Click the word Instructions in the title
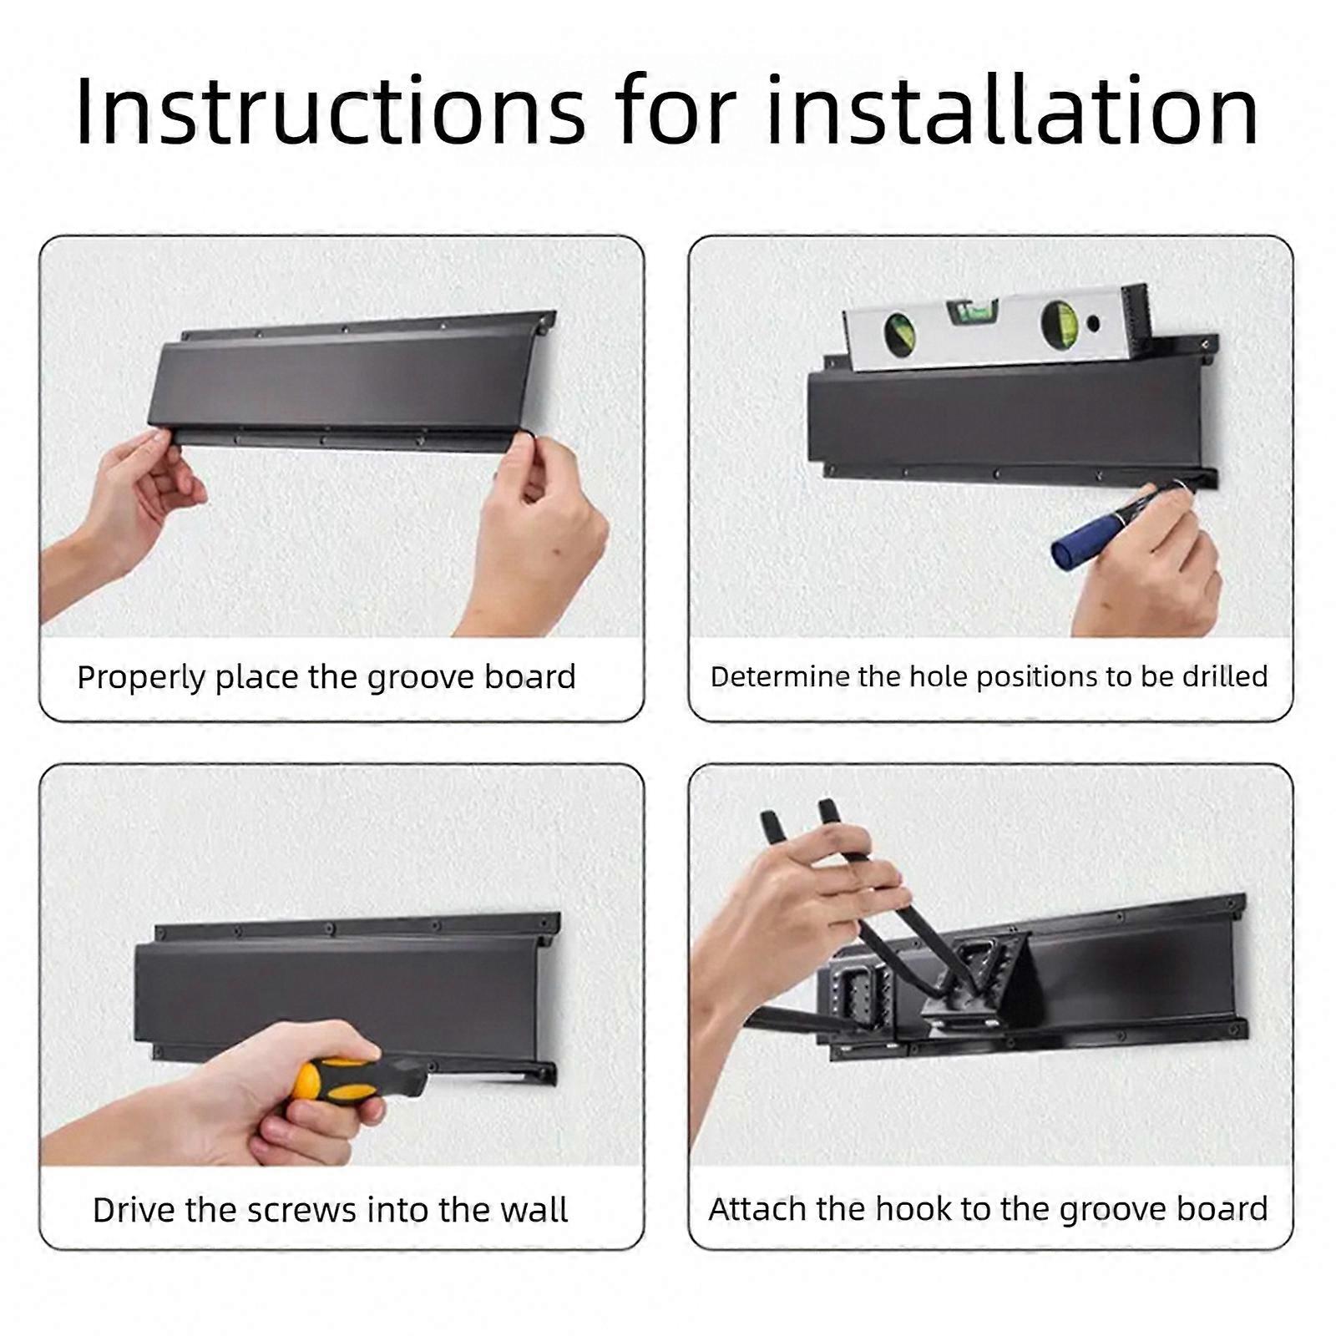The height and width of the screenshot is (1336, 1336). point(331,112)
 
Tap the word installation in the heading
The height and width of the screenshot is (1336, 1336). point(1012,112)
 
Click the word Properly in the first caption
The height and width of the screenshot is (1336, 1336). point(141,677)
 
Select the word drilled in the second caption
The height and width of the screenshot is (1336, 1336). point(1225,676)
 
